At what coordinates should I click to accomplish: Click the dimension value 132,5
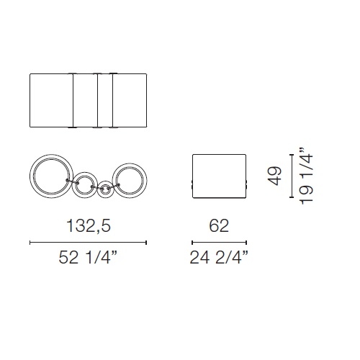pyautogui.click(x=89, y=226)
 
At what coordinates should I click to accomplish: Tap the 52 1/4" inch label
pyautogui.click(x=88, y=257)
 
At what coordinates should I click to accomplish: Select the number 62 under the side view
pyautogui.click(x=219, y=225)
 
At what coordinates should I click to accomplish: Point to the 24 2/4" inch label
pyautogui.click(x=219, y=257)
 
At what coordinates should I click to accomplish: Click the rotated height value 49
pyautogui.click(x=275, y=176)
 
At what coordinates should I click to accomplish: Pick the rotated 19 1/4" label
pyautogui.click(x=307, y=176)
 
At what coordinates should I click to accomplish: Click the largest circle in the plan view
pyautogui.click(x=30, y=176)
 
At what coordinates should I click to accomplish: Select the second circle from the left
pyautogui.click(x=72, y=185)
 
